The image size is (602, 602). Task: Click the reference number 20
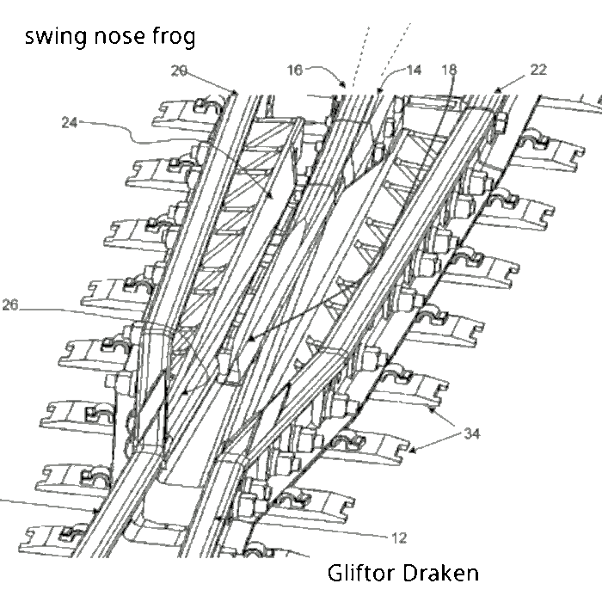coord(179,71)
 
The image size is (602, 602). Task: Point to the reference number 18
coord(450,70)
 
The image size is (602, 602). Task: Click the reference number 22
coord(537,70)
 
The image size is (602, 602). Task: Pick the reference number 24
coord(70,122)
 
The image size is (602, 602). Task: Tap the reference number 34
coord(471,433)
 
